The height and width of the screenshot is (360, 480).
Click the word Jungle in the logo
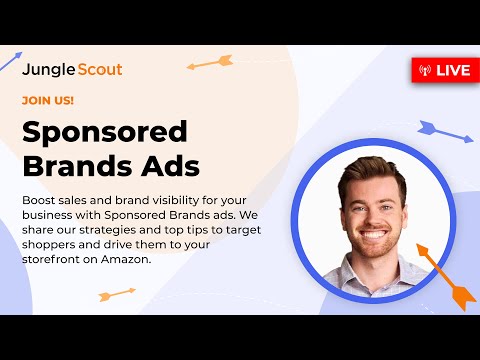click(x=50, y=71)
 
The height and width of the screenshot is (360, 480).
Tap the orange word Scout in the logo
click(x=100, y=71)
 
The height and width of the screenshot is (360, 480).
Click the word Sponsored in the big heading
click(x=105, y=132)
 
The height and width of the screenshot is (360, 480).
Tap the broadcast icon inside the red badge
click(x=424, y=70)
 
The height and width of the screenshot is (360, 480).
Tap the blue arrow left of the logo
click(x=12, y=62)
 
